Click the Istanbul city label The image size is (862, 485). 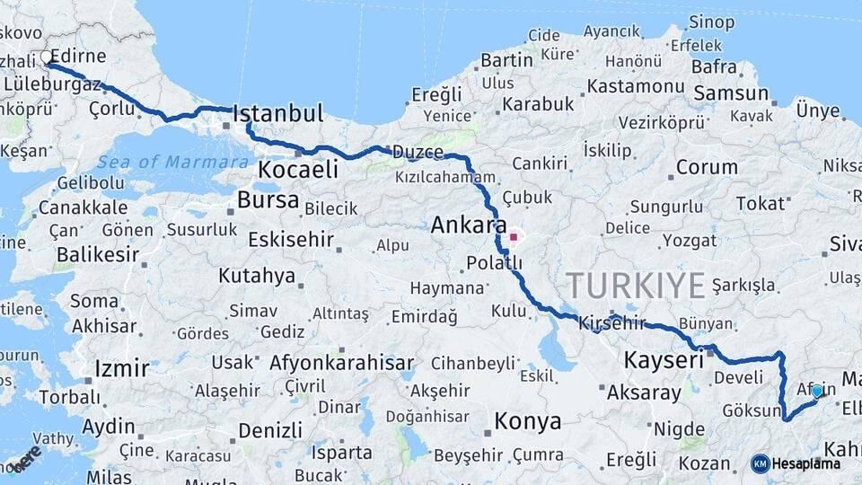(x=277, y=114)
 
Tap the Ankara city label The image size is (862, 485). (x=469, y=225)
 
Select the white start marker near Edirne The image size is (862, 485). (x=47, y=58)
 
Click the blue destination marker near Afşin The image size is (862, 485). (x=816, y=391)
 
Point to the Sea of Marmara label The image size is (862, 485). (x=173, y=163)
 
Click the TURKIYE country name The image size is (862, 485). (x=636, y=286)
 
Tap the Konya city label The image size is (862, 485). (x=528, y=420)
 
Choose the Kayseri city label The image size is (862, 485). (x=663, y=361)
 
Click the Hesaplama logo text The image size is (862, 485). (x=805, y=463)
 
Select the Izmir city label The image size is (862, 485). (x=121, y=368)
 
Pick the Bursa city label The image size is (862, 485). (x=268, y=199)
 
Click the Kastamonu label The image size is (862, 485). (x=638, y=86)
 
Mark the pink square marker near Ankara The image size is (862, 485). (x=514, y=238)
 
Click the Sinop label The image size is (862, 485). (x=711, y=22)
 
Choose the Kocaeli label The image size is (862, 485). (x=298, y=170)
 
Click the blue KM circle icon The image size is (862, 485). (x=760, y=463)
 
